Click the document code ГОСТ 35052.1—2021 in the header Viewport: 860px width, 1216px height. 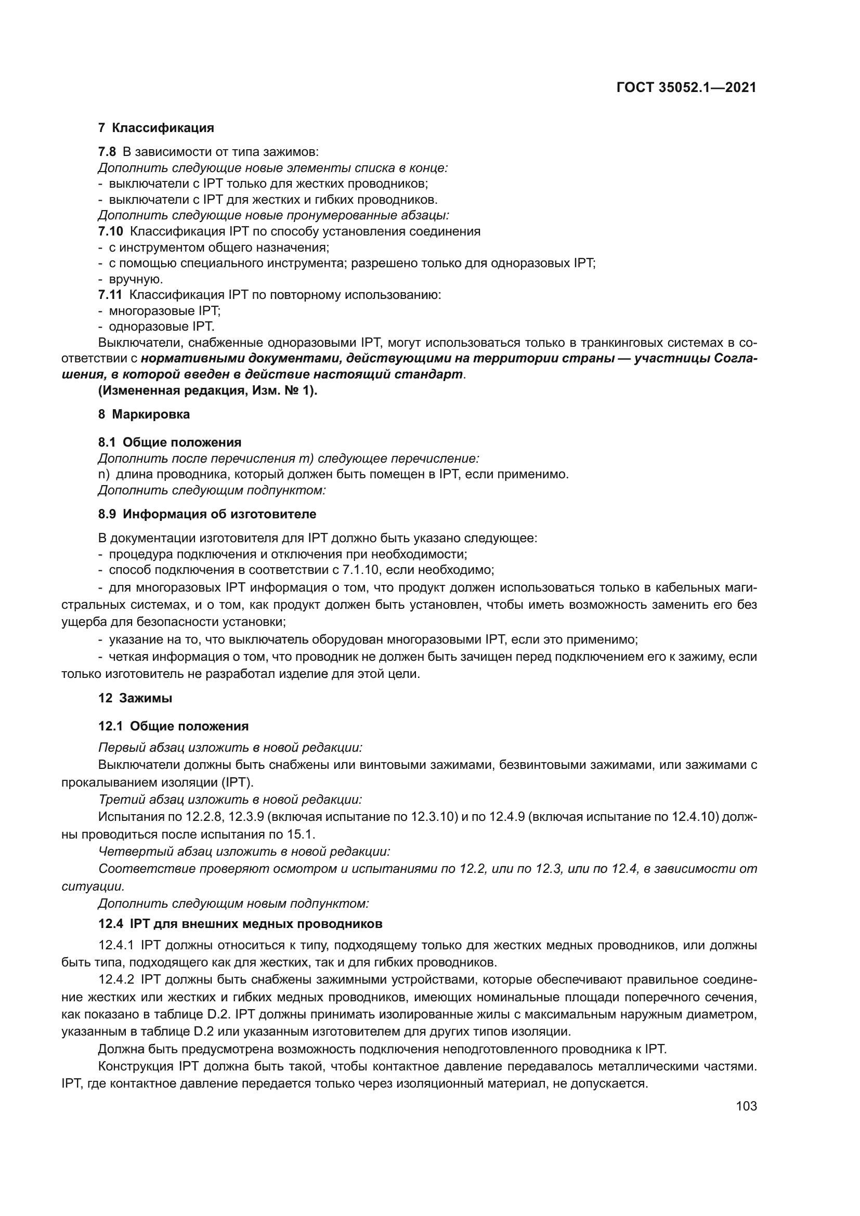click(x=686, y=88)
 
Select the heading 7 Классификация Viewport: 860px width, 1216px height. click(x=156, y=128)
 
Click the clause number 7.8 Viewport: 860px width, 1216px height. click(x=107, y=152)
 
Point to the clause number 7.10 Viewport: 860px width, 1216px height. click(x=110, y=231)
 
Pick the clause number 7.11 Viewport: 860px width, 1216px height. click(x=110, y=295)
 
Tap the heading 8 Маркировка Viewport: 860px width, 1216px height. click(x=144, y=415)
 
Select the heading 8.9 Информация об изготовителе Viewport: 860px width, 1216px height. click(x=207, y=514)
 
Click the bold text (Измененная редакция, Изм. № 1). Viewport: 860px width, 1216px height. click(x=207, y=391)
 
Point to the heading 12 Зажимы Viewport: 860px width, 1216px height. click(x=136, y=698)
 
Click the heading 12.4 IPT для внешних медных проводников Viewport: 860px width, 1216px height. click(x=240, y=924)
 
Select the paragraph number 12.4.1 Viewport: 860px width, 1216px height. click(x=116, y=945)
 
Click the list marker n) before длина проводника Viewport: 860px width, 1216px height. click(x=103, y=475)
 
